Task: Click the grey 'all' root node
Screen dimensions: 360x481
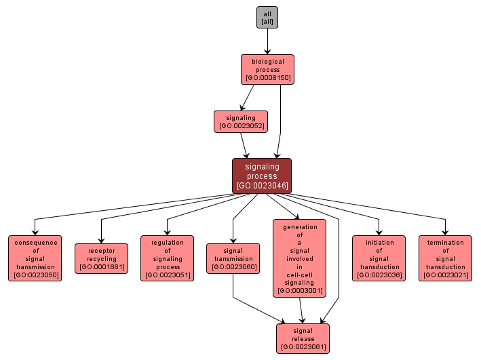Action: coord(267,18)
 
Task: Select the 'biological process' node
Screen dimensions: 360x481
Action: coord(267,69)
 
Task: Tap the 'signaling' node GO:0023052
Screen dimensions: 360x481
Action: coord(240,121)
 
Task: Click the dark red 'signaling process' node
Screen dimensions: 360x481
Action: coord(262,176)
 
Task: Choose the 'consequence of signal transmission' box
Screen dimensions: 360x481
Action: coord(35,258)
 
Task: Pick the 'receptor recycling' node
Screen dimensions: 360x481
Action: coord(101,258)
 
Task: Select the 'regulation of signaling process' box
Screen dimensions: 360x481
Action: coord(168,258)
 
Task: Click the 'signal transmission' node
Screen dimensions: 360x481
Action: coord(233,258)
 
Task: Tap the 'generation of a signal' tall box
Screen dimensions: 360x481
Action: coord(300,258)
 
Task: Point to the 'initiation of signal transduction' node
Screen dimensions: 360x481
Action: coord(379,258)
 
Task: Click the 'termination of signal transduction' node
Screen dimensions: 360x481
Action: coord(446,258)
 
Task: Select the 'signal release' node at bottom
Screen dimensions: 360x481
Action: coord(303,338)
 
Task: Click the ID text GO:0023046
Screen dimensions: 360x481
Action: coord(262,185)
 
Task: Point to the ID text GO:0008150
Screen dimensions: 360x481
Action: coord(268,78)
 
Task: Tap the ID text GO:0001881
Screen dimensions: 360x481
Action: coord(101,267)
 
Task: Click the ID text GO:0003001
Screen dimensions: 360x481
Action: coord(300,291)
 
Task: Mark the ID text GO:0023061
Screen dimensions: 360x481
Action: coord(303,347)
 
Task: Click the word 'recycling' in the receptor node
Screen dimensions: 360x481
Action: coord(101,259)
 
